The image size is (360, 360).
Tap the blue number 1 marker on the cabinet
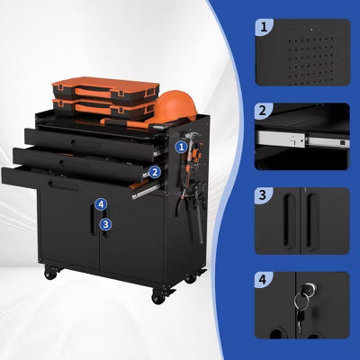(x=181, y=147)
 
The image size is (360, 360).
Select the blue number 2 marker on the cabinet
(x=155, y=172)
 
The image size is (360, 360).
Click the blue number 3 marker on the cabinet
(x=106, y=224)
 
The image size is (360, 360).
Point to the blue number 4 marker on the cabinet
(x=101, y=204)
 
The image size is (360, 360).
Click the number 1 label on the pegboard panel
(x=264, y=27)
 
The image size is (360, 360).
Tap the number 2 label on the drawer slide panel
(x=263, y=111)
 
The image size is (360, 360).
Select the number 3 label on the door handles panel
(x=263, y=195)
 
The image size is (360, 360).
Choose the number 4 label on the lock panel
(x=263, y=280)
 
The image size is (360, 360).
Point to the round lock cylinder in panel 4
(x=310, y=290)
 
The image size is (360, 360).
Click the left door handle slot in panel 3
(x=290, y=221)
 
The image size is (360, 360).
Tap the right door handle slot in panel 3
(x=312, y=221)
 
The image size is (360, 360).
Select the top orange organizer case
(x=104, y=89)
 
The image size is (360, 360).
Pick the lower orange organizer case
(x=103, y=109)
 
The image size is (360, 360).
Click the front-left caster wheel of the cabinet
(x=50, y=273)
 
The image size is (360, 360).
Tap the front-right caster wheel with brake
(x=160, y=295)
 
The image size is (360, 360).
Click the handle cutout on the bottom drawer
(x=63, y=185)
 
